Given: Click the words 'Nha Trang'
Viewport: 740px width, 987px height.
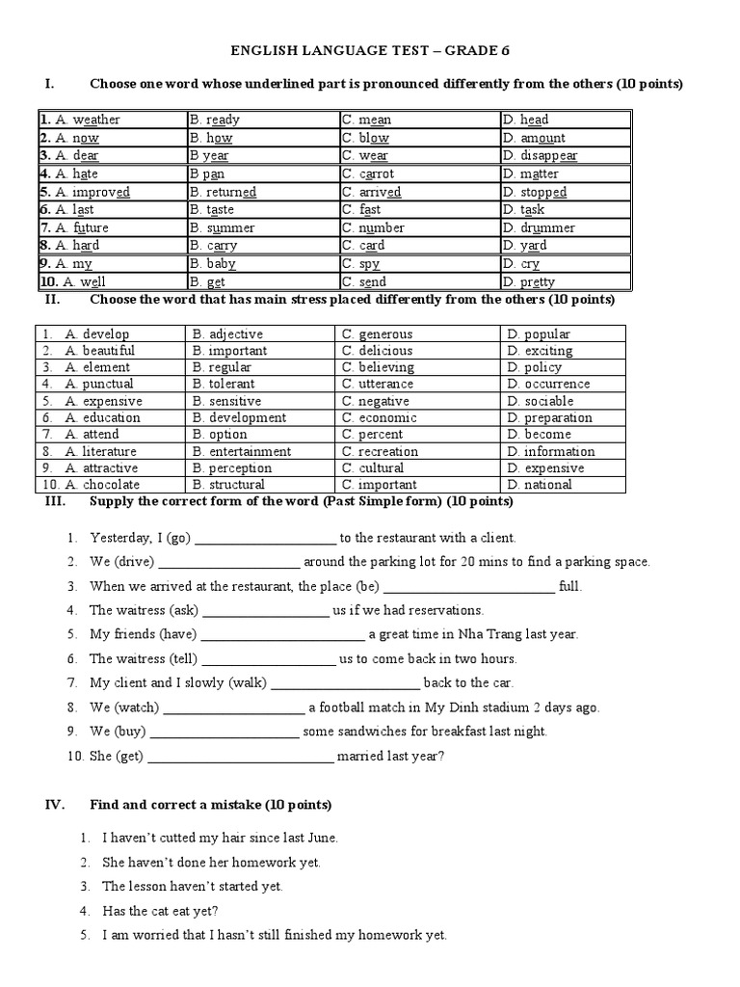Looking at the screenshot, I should [481, 634].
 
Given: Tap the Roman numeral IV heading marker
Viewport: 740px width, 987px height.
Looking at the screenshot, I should [55, 805].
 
